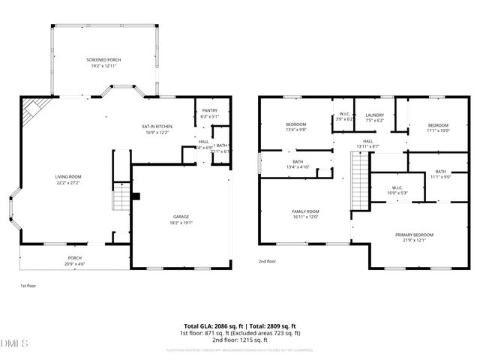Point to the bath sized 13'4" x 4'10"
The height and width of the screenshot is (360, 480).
pos(297,163)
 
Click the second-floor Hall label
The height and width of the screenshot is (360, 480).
pos(368,142)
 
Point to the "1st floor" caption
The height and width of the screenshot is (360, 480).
pos(28,286)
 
